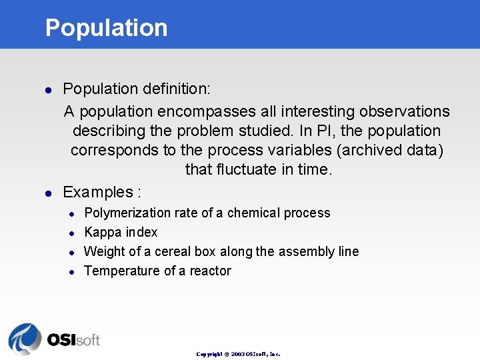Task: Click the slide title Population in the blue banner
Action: click(106, 28)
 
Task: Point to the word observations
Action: click(404, 111)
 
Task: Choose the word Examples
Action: click(98, 193)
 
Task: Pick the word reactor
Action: click(210, 271)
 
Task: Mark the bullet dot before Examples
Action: click(48, 193)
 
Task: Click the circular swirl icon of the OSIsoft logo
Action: click(25, 339)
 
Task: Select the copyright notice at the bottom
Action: click(238, 354)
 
